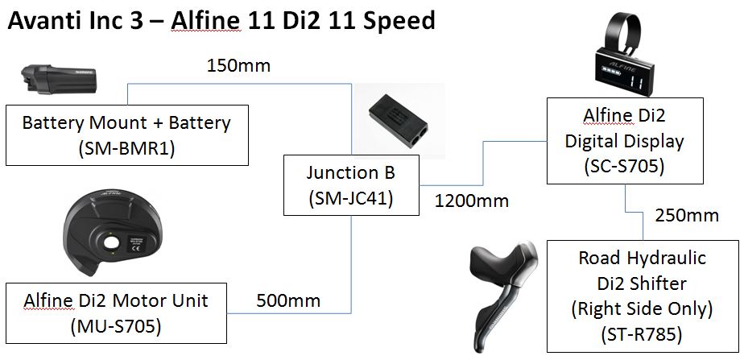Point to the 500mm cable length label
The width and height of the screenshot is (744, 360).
coord(288,301)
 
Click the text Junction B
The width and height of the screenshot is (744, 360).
coord(350,172)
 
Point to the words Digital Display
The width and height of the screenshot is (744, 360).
coord(625,141)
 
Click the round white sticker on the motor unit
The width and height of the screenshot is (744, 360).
coord(130,241)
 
